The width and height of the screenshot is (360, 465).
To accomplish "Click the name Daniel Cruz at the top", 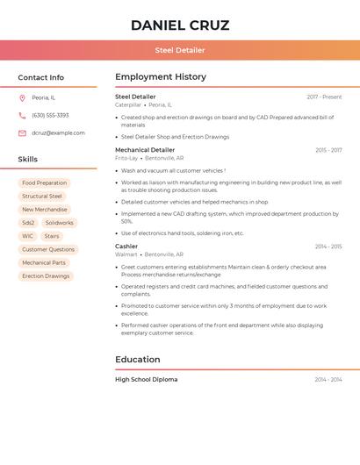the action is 180,25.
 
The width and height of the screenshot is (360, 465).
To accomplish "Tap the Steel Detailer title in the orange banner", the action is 180,50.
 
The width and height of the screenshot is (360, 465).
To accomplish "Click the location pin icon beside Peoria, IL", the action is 22,98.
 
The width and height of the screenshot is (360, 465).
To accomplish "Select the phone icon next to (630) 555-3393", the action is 22,116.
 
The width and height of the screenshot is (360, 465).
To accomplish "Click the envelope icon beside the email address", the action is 22,133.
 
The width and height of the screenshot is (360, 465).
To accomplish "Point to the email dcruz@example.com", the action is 58,133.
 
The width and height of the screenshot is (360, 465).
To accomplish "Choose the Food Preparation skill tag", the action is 45,183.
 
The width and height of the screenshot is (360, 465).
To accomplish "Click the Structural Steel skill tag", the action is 42,197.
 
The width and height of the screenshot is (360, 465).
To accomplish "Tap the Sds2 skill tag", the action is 28,223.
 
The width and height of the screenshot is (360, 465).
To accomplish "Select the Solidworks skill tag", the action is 60,223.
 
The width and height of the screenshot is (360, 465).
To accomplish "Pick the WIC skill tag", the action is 28,236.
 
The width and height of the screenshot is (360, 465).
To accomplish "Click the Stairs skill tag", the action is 52,236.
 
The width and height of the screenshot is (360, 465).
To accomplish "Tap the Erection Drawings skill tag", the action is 46,275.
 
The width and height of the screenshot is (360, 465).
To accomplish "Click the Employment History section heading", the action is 160,77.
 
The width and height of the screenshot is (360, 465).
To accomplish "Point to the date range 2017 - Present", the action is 324,97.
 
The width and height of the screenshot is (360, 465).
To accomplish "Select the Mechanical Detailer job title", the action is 145,150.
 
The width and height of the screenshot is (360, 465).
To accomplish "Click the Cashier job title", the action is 126,247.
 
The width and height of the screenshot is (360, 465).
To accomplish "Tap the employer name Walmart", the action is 126,254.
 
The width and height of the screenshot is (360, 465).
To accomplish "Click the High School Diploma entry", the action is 146,380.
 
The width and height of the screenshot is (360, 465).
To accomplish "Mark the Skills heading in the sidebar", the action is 28,160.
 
